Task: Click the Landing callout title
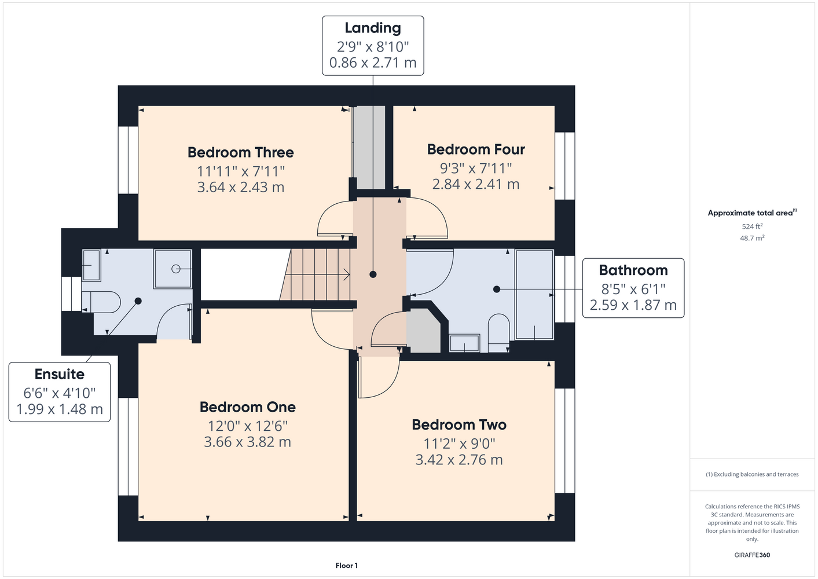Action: [373, 28]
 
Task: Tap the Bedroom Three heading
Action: [241, 152]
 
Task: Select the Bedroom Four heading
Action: [476, 149]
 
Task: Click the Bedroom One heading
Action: [248, 407]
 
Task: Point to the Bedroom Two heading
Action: [459, 424]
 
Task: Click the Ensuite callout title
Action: [60, 374]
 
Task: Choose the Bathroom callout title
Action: [633, 270]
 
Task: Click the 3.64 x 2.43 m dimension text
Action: [241, 187]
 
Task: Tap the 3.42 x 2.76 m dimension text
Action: [459, 460]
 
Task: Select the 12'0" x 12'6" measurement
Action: [248, 426]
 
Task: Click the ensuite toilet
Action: [101, 302]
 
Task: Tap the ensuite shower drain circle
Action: [175, 269]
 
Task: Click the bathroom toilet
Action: [498, 333]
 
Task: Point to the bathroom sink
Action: [464, 343]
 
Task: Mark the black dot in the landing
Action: [373, 274]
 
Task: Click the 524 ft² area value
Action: [752, 226]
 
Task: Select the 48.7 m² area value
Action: [752, 238]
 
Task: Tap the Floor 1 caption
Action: [347, 566]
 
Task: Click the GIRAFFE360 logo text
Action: [752, 555]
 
